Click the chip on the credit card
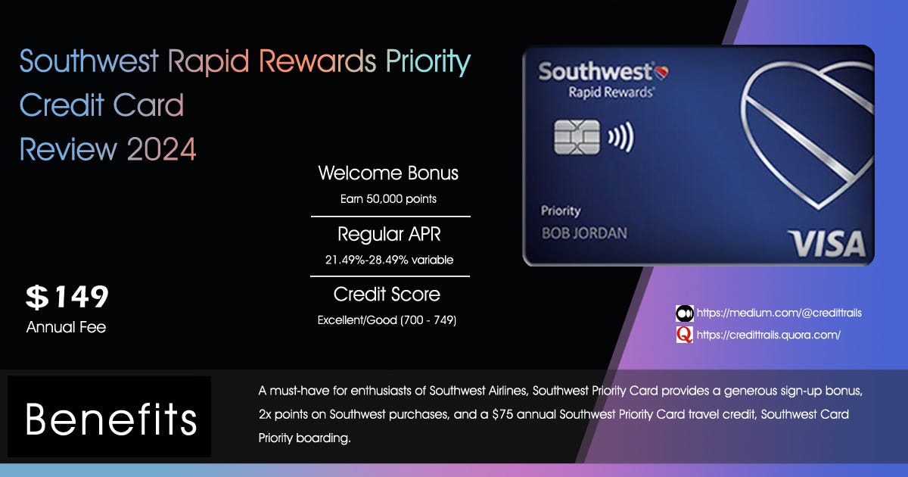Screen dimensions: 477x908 (577, 137)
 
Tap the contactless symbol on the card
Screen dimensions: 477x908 (620, 138)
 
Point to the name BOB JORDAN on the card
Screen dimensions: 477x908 (584, 232)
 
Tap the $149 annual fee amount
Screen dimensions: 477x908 (67, 298)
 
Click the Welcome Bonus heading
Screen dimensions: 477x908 (388, 173)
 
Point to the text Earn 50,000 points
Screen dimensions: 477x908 (388, 199)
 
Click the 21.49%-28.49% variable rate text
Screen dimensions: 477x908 (389, 260)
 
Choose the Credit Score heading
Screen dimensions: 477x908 (387, 294)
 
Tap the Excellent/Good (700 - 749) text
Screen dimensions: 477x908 (387, 320)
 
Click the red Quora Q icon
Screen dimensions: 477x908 (684, 335)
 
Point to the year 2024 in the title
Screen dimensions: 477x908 (161, 149)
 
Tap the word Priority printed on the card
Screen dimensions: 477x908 (560, 210)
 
